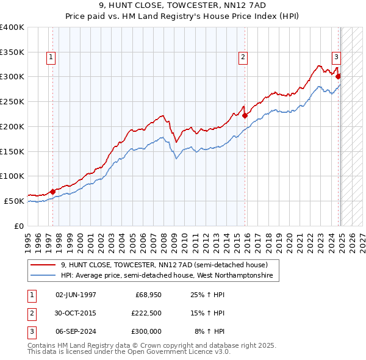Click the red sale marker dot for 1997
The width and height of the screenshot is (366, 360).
click(x=52, y=192)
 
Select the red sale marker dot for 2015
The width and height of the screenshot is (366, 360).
click(x=245, y=115)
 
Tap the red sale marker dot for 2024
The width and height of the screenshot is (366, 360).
click(x=338, y=77)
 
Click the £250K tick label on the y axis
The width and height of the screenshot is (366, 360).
click(x=12, y=101)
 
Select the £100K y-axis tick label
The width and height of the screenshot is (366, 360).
click(x=12, y=176)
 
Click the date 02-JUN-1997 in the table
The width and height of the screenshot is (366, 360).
click(x=76, y=295)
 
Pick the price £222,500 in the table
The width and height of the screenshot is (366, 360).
click(x=146, y=313)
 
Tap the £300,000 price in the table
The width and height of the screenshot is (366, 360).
click(x=146, y=331)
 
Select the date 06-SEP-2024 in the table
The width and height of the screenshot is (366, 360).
click(x=76, y=331)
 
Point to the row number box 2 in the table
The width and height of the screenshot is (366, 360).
click(x=30, y=313)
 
